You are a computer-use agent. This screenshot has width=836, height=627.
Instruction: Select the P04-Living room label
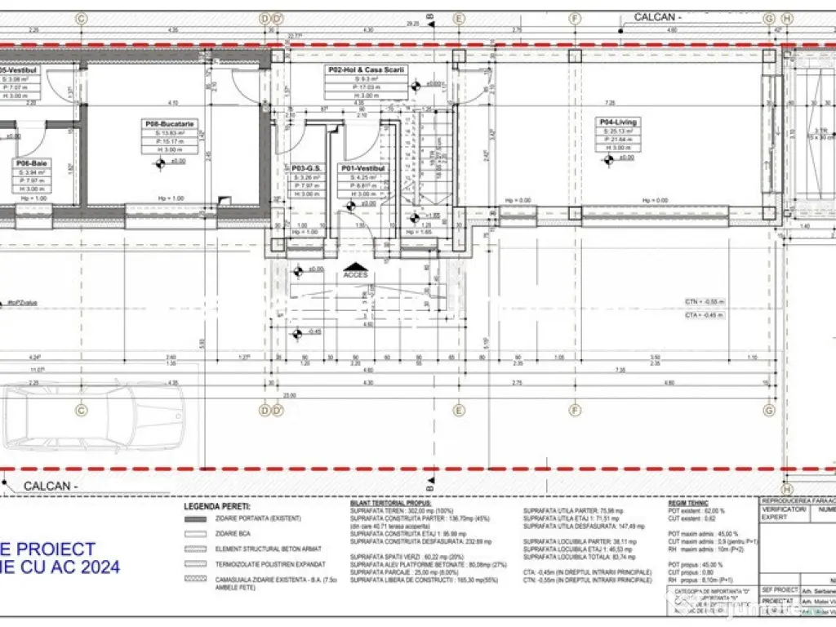[617, 122]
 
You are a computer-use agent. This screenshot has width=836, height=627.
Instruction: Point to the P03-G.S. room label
[308, 168]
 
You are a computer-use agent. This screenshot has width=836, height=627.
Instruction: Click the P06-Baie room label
[32, 163]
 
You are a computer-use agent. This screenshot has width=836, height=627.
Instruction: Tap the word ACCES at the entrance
[355, 274]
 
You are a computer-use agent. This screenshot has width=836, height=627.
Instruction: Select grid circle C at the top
[80, 17]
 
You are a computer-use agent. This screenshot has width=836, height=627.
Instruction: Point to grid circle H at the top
[786, 17]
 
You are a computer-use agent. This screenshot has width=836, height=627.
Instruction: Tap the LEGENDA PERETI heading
[217, 506]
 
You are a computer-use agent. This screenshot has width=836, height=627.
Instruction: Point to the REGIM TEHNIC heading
[688, 503]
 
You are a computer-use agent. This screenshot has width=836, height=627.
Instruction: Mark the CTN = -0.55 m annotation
[705, 302]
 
